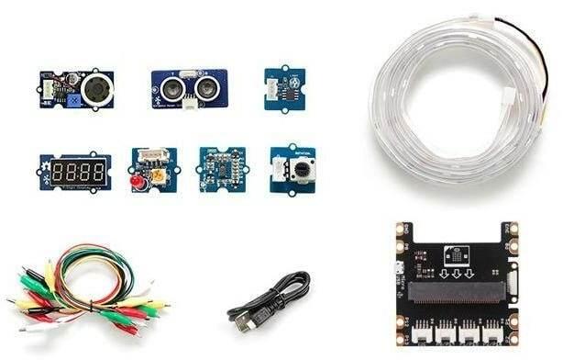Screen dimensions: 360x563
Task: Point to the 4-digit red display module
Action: (77, 171)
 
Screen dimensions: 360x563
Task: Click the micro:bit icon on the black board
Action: (456, 253)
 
